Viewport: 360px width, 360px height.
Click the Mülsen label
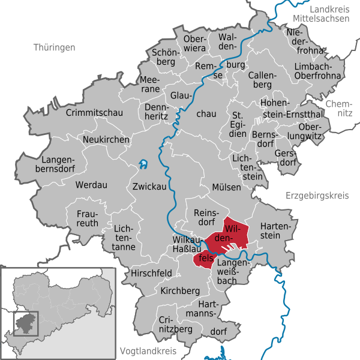tap(226, 187)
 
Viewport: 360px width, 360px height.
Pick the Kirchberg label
tap(180, 290)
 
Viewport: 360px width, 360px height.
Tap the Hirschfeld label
tap(151, 273)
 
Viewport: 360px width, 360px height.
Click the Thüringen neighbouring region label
tap(55, 47)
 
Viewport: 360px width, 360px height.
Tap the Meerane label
tap(149, 84)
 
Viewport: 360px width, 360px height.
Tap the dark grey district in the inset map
tap(26, 322)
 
